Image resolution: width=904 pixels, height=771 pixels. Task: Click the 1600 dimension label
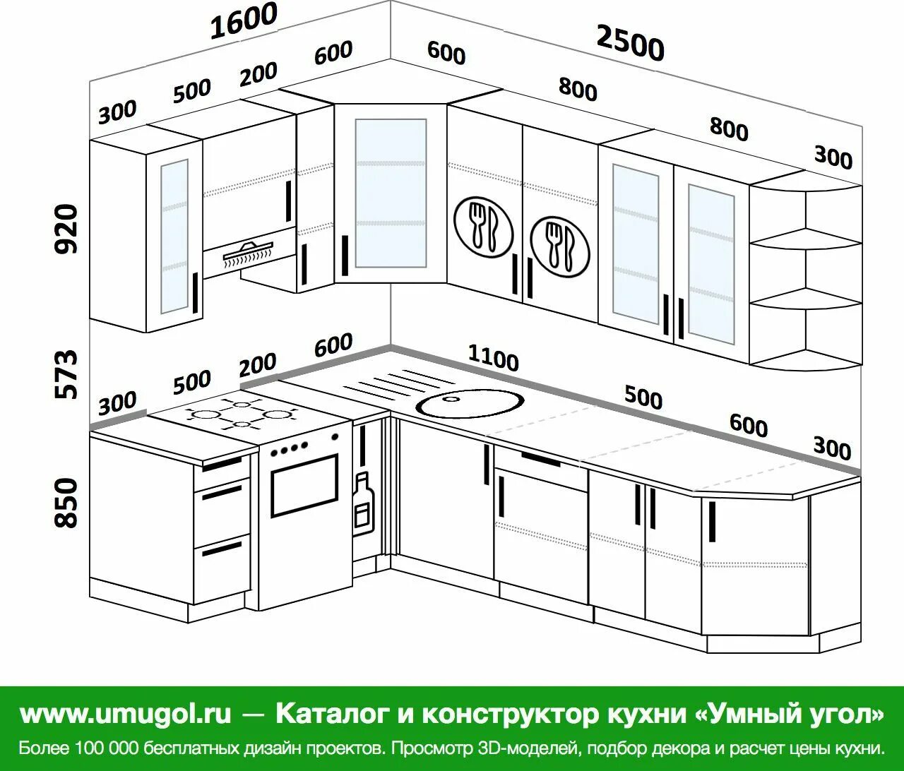pyautogui.click(x=244, y=21)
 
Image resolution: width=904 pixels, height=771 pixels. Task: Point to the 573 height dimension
pyautogui.click(x=66, y=373)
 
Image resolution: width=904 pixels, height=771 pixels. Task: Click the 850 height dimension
pyautogui.click(x=66, y=502)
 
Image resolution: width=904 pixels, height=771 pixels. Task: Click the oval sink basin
pyautogui.click(x=470, y=403)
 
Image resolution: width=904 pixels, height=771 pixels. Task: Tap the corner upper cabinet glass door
pyautogui.click(x=391, y=193)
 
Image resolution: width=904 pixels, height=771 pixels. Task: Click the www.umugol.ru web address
pyautogui.click(x=125, y=714)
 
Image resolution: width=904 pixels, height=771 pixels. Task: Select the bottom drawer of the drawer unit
pyautogui.click(x=222, y=566)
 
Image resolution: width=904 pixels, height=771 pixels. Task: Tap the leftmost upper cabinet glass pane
pyautogui.click(x=174, y=236)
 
